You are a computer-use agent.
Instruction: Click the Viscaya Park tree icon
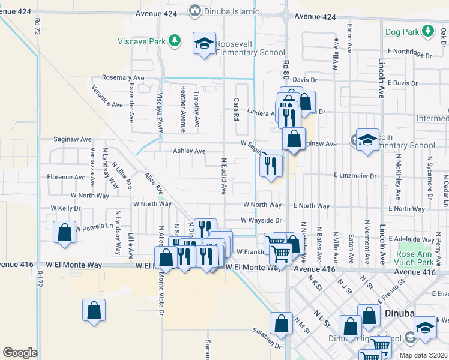pyautogui.click(x=174, y=41)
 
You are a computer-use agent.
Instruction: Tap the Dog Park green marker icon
pyautogui.click(x=427, y=30)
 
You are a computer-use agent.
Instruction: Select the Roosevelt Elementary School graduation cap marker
pyautogui.click(x=204, y=43)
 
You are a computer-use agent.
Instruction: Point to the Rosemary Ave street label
pyautogui.click(x=123, y=78)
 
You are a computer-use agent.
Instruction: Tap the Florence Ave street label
pyautogui.click(x=67, y=178)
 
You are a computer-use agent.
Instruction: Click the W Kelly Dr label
pyautogui.click(x=65, y=208)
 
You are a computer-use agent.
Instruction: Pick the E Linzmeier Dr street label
pyautogui.click(x=355, y=176)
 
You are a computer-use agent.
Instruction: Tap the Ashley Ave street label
pyautogui.click(x=190, y=151)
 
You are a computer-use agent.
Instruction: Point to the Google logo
pyautogui.click(x=20, y=353)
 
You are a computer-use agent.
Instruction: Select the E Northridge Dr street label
pyautogui.click(x=410, y=52)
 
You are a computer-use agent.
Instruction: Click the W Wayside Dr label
pyautogui.click(x=261, y=220)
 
